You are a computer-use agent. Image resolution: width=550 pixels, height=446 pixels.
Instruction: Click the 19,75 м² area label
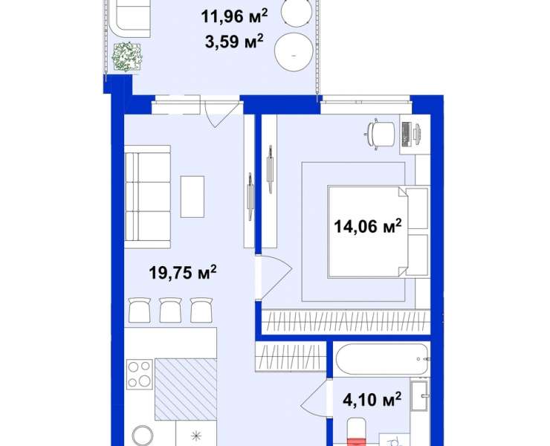coord(182,272)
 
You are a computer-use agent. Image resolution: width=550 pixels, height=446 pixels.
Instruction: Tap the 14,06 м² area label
coord(367,226)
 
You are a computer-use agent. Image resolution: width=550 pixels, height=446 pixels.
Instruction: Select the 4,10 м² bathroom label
coord(372,399)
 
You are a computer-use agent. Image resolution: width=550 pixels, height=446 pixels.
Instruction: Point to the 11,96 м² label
coord(234,16)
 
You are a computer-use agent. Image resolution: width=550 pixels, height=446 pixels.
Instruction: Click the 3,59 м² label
coord(234,42)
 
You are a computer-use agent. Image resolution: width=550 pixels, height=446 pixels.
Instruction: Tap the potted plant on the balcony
coord(127,56)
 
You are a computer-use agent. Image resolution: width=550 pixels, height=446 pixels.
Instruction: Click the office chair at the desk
coord(381,134)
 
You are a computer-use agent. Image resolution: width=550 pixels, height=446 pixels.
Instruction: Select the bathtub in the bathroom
coord(382,359)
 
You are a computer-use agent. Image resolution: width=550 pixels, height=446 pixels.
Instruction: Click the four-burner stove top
coord(139,375)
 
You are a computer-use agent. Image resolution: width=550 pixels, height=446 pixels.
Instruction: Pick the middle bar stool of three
coord(170,310)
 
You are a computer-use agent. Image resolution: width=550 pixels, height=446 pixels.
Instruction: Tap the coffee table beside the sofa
coord(192,196)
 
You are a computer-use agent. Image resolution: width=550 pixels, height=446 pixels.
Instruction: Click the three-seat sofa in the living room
coord(147,197)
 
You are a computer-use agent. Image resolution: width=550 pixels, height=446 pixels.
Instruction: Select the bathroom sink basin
coord(419,395)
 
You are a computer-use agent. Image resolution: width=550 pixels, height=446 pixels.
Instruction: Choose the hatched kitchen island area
coord(186,390)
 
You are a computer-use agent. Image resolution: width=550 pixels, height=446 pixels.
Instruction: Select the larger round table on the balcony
coord(294,52)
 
